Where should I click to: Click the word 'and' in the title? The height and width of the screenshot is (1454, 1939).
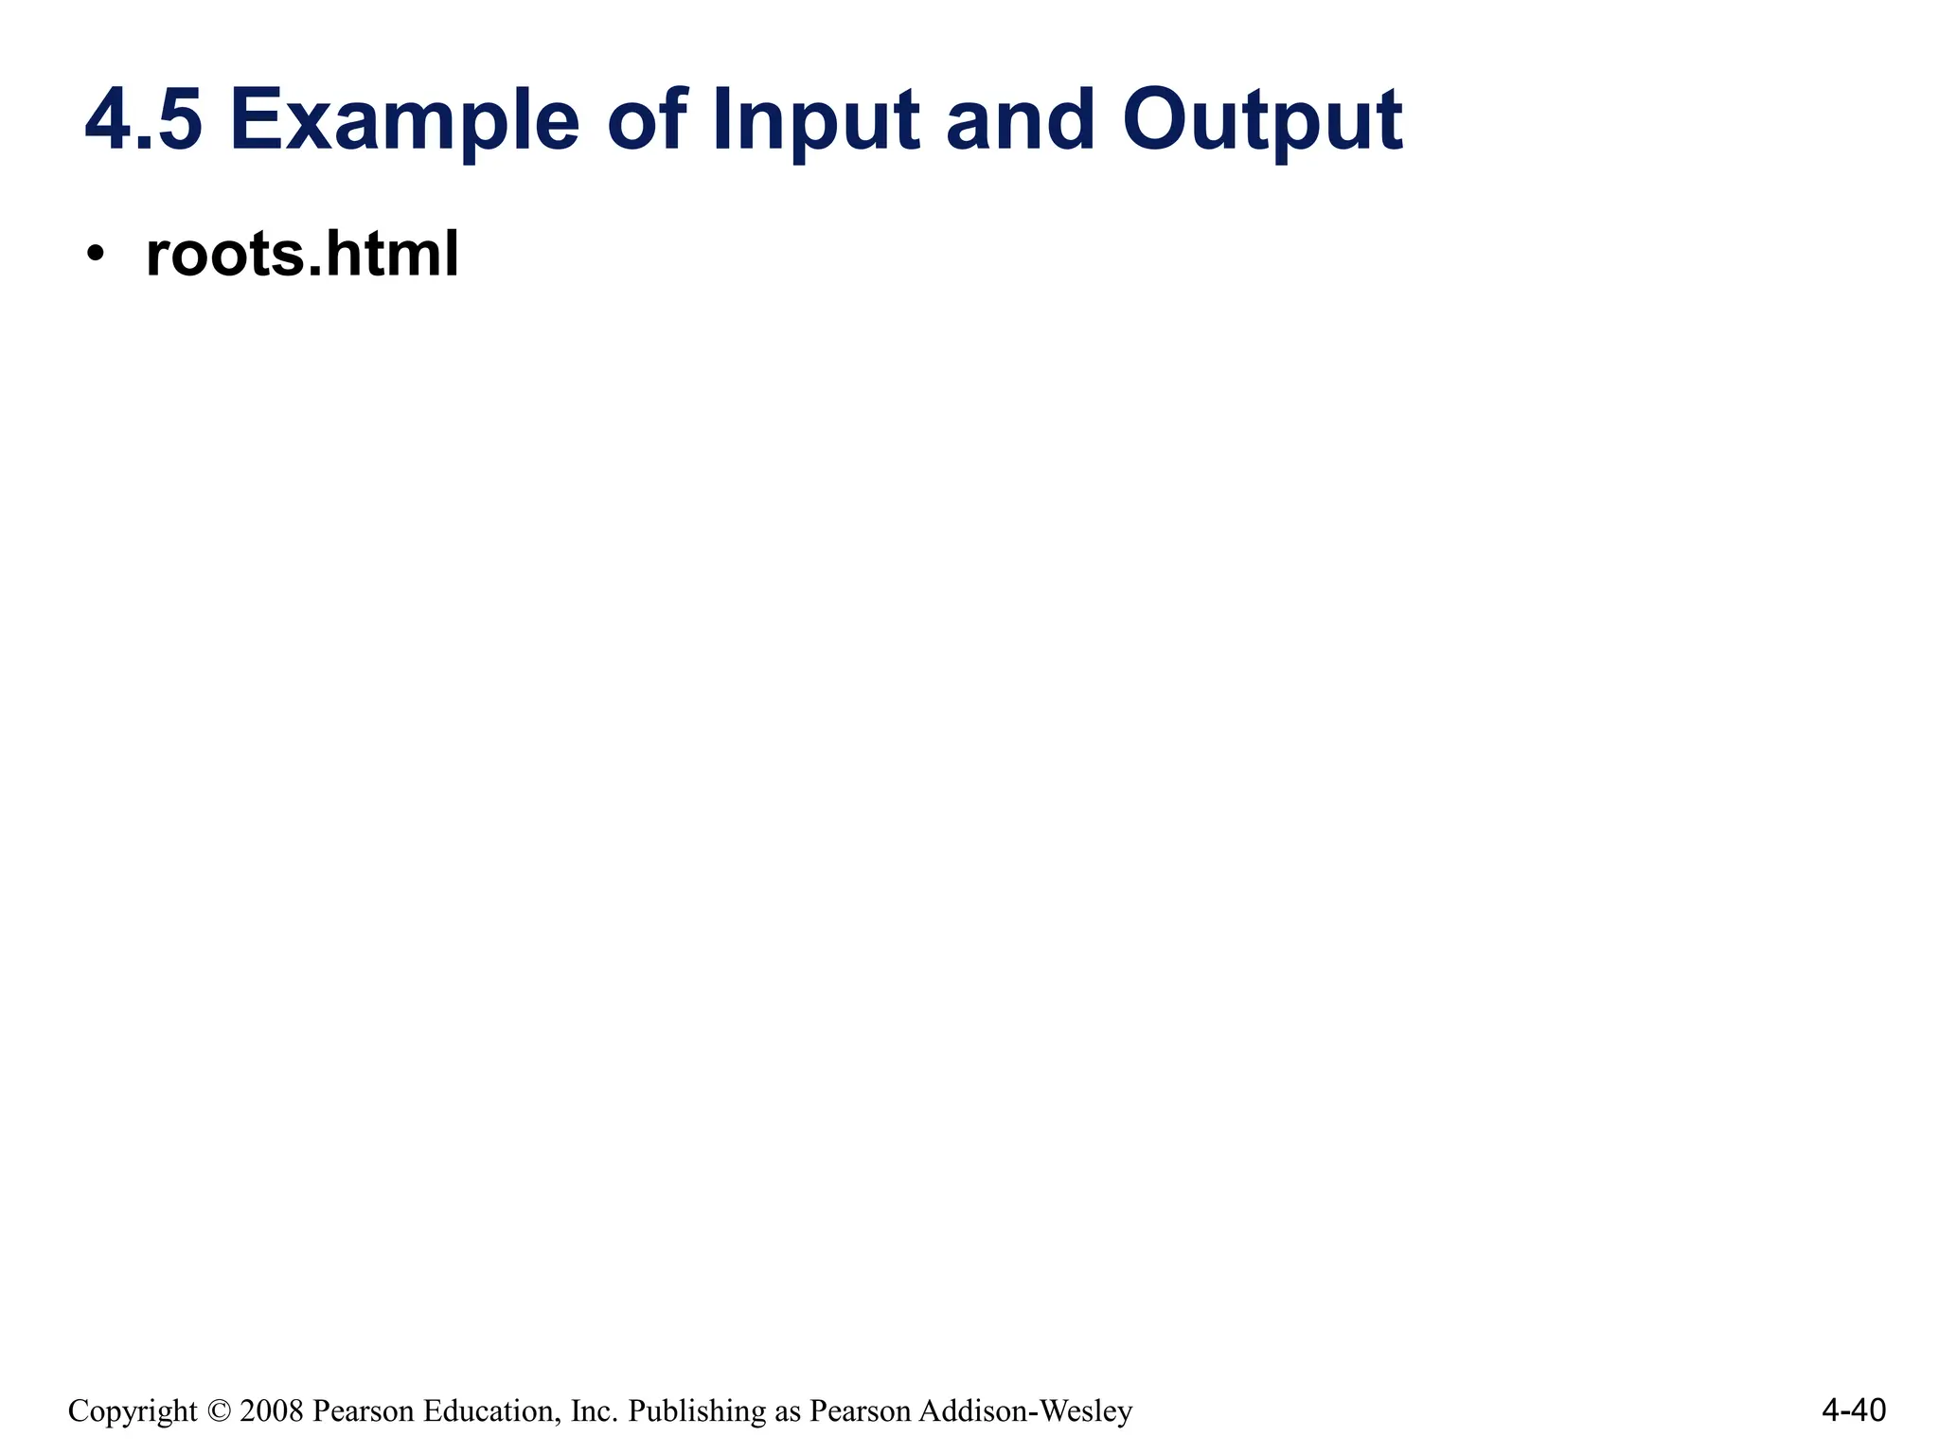click(x=1021, y=120)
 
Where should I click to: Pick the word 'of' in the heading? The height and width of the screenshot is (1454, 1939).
click(x=648, y=120)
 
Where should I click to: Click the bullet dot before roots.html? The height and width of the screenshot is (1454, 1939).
click(x=94, y=255)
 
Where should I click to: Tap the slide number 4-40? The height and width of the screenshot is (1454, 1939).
click(x=1853, y=1410)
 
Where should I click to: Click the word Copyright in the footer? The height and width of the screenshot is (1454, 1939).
click(x=133, y=1411)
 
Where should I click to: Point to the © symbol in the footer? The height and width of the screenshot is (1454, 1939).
click(x=219, y=1411)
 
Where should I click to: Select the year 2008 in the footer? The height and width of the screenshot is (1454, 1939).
click(x=272, y=1411)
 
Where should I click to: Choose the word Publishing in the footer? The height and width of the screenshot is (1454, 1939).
click(x=697, y=1411)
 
